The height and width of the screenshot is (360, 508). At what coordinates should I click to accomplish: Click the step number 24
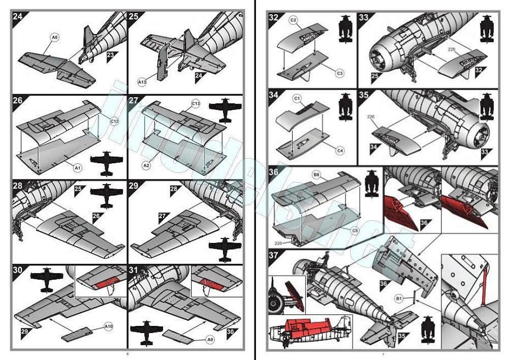18,16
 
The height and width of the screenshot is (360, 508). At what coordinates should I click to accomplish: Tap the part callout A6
55,37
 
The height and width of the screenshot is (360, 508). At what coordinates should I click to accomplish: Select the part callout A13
142,81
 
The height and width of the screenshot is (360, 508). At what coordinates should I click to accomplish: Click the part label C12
115,122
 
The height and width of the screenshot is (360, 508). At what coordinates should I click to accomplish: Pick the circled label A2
146,165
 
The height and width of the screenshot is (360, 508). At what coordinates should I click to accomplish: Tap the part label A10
108,325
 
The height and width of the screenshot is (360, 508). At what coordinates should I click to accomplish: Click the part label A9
210,340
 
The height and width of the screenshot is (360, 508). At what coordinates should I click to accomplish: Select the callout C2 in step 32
293,20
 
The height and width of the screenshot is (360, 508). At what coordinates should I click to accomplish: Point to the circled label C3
340,73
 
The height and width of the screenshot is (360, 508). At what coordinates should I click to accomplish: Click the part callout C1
298,98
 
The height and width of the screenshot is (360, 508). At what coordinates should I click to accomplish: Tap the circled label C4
340,151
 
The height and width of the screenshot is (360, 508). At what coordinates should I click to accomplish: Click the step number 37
274,255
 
